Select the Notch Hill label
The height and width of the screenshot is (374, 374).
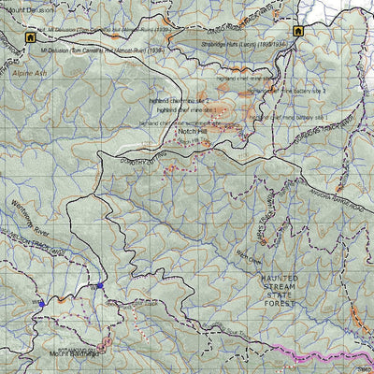click(x=192, y=133)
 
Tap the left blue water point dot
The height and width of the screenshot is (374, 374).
click(x=41, y=304)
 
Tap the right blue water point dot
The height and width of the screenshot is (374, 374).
click(x=99, y=286)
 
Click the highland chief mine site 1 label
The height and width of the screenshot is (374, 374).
click(x=188, y=110)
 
